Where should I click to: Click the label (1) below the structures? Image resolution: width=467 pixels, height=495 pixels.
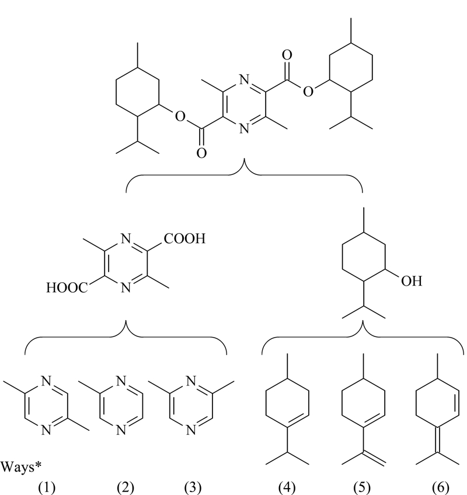tap(47, 488)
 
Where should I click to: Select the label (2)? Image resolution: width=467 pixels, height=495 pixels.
tap(126, 488)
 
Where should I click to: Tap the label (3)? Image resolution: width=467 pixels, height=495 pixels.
tap(193, 488)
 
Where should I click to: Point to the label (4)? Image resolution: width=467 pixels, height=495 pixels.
tap(287, 488)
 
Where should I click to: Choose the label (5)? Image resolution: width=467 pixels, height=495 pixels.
tap(361, 488)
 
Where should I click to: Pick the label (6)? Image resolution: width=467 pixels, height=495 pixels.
tap(441, 488)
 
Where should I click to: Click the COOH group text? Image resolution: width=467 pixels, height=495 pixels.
tap(184, 238)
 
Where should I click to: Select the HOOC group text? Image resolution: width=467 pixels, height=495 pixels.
tap(67, 287)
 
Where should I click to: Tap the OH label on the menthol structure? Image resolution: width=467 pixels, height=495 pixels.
tap(412, 280)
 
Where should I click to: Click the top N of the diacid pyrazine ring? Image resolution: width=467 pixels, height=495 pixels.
tap(126, 238)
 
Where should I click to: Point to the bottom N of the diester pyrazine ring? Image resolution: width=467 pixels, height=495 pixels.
tap(244, 128)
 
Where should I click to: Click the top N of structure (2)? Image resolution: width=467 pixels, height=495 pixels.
tap(121, 381)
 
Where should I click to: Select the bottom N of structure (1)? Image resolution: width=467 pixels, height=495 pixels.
tap(46, 430)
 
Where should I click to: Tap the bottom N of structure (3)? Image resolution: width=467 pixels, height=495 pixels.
tap(191, 430)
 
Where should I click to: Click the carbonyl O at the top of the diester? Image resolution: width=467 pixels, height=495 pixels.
tap(287, 55)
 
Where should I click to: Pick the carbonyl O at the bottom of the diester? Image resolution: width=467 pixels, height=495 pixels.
tap(201, 153)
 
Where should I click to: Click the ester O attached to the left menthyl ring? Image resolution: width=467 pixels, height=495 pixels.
tap(180, 117)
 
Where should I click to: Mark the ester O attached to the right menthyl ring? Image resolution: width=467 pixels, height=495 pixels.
tap(308, 92)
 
